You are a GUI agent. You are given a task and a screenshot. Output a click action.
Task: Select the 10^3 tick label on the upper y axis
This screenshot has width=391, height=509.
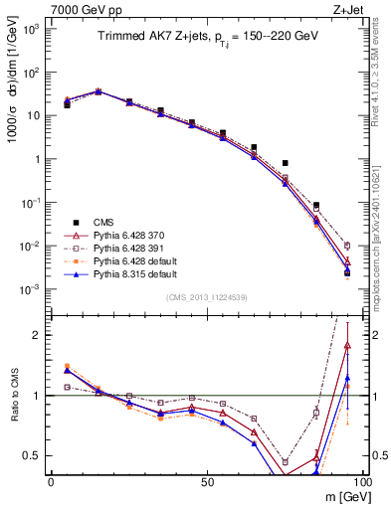point(33,28)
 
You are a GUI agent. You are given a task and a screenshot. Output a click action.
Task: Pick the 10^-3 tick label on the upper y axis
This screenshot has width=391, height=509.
point(33,289)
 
